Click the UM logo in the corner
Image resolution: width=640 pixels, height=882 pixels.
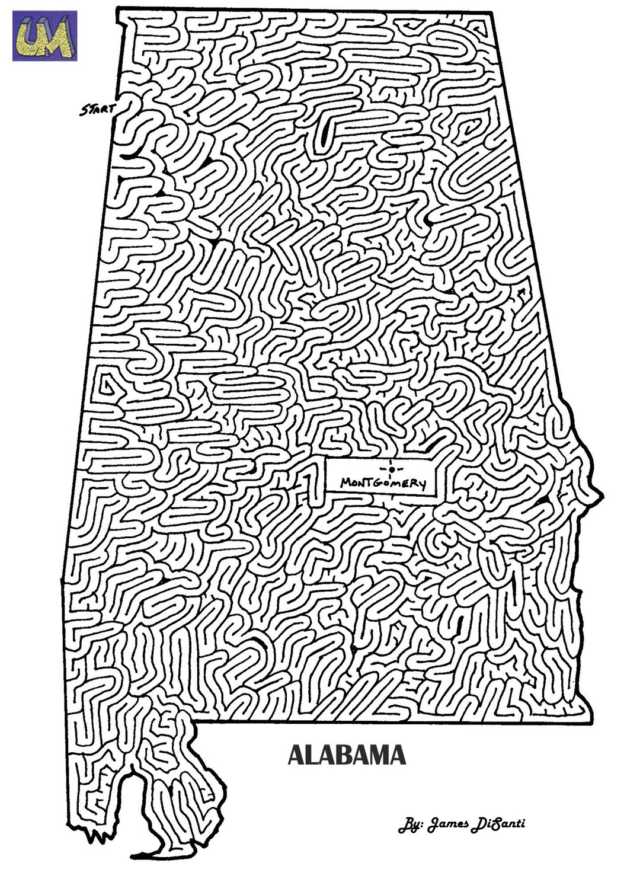[44, 36]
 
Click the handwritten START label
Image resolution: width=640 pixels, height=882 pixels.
[98, 109]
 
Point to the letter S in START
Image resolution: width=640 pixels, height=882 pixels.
[85, 111]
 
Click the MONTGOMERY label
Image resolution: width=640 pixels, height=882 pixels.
[383, 483]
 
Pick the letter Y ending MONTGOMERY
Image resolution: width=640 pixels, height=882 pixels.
[421, 484]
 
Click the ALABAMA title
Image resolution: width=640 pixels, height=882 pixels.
[347, 755]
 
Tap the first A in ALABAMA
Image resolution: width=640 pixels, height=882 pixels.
[296, 755]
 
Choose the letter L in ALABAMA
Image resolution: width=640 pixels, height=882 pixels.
[313, 755]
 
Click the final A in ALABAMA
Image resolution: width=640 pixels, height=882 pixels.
[398, 755]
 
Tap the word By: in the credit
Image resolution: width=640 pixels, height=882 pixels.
[410, 825]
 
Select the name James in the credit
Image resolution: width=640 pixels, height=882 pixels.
[448, 825]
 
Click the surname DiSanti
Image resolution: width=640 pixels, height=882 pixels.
[498, 825]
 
